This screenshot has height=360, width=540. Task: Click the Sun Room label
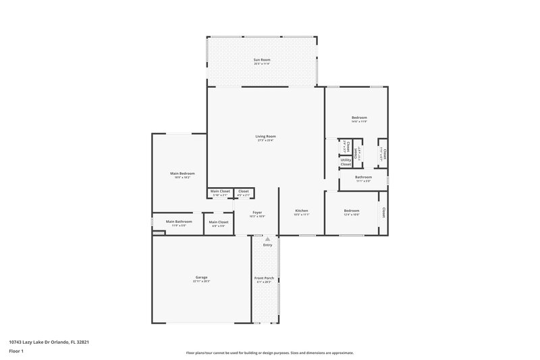tap(262, 61)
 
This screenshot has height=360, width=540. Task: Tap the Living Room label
tap(265, 136)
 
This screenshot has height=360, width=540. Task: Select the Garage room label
tap(201, 277)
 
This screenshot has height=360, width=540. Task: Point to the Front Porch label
tap(264, 278)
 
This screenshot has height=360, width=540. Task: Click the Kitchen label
tap(302, 211)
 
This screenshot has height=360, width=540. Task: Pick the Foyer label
tap(257, 212)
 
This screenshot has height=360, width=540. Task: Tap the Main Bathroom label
tap(179, 222)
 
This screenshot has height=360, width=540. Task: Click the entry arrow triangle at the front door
tap(268, 239)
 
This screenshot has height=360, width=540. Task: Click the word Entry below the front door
tap(268, 245)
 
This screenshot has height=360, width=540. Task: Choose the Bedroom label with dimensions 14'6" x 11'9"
tap(359, 118)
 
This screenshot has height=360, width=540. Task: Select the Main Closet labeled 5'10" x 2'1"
tap(220, 191)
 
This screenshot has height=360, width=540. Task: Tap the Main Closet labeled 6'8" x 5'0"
tap(218, 222)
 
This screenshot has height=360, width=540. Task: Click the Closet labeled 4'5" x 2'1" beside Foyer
tap(243, 191)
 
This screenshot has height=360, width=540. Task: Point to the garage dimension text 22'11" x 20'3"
tap(201, 282)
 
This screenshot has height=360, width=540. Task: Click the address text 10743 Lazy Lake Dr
tap(49, 342)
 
